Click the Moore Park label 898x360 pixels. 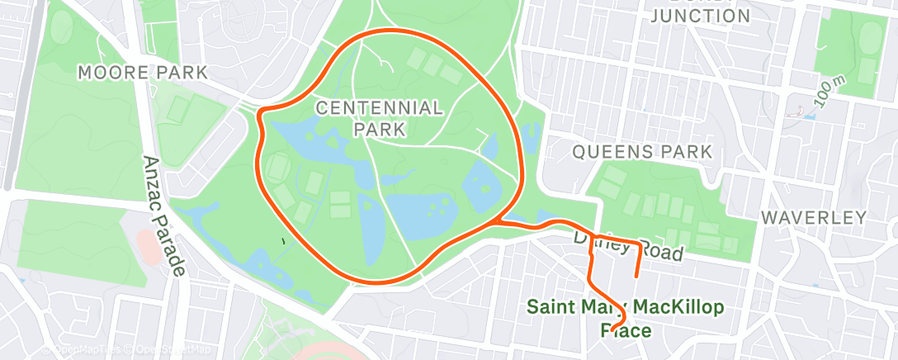[x=143, y=73]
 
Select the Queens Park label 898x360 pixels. [x=641, y=152]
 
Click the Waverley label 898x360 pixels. [x=814, y=218]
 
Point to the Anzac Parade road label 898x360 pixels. [x=166, y=216]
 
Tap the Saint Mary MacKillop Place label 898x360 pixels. [x=625, y=319]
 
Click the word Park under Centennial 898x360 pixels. [x=380, y=130]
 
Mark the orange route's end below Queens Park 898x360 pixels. [x=636, y=275]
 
